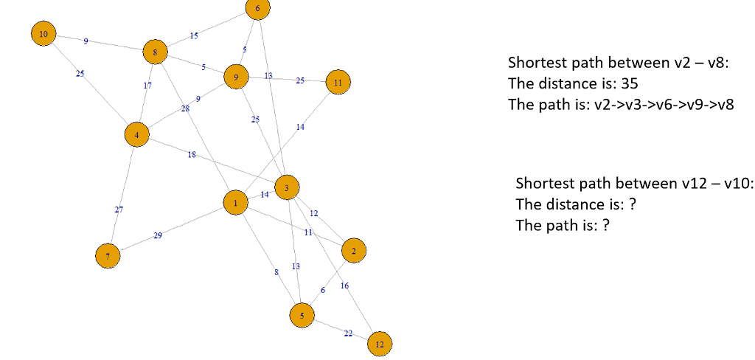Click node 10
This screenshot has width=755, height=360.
pos(44,34)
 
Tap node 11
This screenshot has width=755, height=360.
pos(338,83)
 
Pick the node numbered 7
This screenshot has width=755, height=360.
pos(108,256)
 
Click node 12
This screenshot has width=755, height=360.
pos(380,344)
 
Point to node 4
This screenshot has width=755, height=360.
pos(136,135)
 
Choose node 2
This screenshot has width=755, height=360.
pos(354,252)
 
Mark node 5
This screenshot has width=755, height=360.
pos(302,315)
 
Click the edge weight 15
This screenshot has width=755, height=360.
pos(194,35)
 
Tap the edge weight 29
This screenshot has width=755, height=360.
pos(158,235)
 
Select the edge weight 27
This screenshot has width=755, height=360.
pos(119,210)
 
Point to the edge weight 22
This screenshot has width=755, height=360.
pos(348,334)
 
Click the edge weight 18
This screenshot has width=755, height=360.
pos(192,155)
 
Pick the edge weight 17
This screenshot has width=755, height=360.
pos(147,86)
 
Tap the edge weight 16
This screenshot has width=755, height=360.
pos(345,285)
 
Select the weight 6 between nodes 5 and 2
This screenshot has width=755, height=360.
pos(322,290)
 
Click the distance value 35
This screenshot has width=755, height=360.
pos(630,83)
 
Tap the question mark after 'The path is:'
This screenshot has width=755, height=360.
pos(606,225)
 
